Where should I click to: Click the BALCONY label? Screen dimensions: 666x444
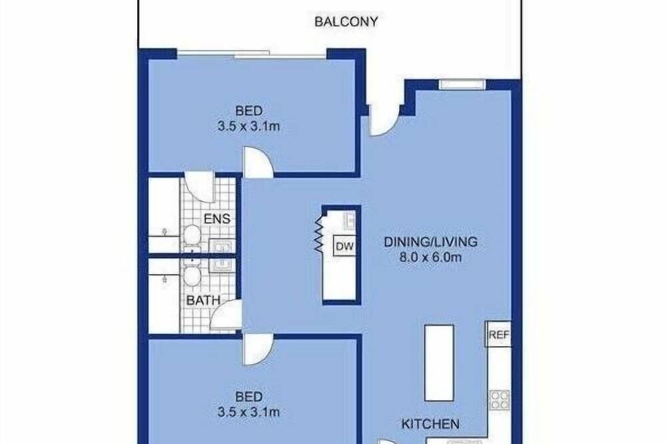346,22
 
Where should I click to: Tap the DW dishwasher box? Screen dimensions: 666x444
344,246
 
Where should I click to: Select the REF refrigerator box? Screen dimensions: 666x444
498,334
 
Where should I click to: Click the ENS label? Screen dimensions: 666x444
217,219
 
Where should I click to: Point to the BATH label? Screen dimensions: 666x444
203,300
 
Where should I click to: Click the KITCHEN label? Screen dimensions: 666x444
430,423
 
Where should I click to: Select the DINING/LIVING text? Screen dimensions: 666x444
430,241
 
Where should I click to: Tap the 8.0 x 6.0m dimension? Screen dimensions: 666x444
430,257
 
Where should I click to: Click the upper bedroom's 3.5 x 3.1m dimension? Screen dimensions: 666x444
248,126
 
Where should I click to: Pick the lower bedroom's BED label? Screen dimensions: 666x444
248,397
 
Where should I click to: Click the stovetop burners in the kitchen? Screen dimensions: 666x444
499,400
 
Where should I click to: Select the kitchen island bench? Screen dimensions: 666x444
439,363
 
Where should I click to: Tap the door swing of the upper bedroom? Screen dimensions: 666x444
258,163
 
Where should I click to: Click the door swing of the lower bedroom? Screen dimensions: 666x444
258,349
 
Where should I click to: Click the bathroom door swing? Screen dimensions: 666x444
226,315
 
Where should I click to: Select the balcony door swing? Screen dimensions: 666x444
384,121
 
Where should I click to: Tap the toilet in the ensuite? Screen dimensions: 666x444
192,235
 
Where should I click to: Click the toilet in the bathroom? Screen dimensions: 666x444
192,276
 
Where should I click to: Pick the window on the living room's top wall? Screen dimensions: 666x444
462,84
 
